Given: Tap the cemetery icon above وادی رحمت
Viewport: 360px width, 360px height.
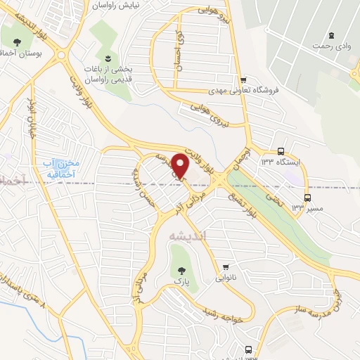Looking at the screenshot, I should (x=329, y=36).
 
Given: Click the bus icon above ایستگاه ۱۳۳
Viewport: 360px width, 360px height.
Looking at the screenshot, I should (x=281, y=151).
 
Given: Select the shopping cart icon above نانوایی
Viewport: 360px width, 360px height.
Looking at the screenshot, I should (x=226, y=266).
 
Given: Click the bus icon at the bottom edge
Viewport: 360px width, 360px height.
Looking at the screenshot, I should (x=248, y=349).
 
